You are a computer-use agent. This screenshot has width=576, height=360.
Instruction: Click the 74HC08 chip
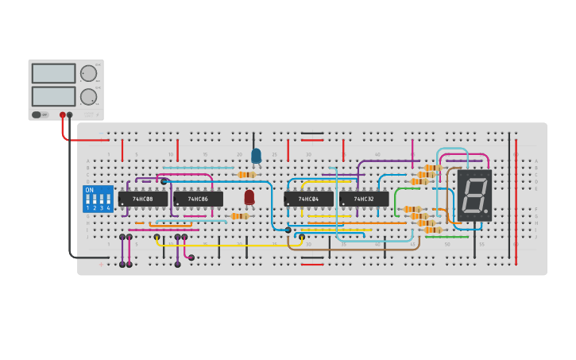[x=143, y=199]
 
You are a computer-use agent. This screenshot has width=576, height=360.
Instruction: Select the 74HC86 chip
[x=198, y=199]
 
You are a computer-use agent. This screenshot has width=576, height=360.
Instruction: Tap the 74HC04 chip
[x=308, y=199]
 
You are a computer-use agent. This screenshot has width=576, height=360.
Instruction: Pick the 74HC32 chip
[x=364, y=199]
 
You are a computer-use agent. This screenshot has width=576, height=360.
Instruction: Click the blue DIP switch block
[x=98, y=199]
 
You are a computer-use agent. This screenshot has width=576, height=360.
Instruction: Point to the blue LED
[x=256, y=156]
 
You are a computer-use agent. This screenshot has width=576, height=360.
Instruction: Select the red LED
[x=249, y=197]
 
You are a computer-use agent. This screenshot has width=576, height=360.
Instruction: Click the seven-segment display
[x=474, y=195]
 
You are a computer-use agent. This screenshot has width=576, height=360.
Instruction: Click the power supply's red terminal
[x=63, y=115]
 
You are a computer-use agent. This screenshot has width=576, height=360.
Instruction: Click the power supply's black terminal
[x=70, y=115]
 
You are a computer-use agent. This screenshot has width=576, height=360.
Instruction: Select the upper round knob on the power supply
[x=88, y=74]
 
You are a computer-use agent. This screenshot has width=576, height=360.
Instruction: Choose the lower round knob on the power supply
[x=88, y=97]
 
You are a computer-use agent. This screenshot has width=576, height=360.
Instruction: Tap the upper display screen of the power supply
[x=54, y=74]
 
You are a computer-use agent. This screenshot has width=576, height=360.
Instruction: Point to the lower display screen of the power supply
[x=54, y=96]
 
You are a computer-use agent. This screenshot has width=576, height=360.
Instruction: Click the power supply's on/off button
[x=37, y=115]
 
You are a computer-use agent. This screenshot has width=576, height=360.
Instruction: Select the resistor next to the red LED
[x=239, y=216]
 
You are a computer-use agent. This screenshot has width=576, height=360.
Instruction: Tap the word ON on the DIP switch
[x=89, y=191]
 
